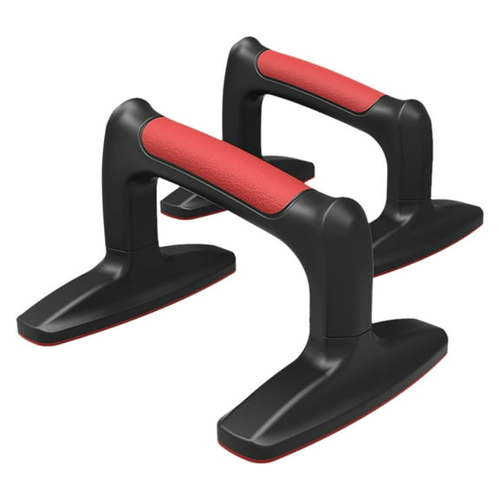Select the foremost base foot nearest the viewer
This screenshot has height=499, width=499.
(x=338, y=390)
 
